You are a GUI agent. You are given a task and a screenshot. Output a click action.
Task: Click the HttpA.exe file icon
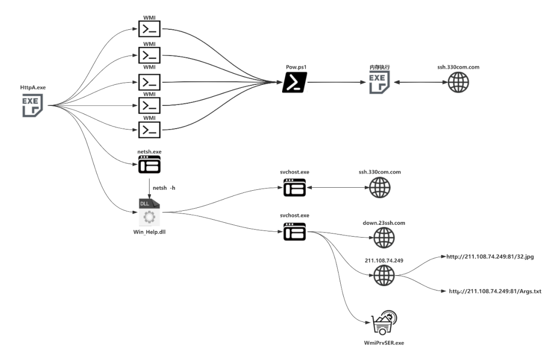point(32,105)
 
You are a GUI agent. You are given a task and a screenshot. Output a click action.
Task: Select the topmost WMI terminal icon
point(150,29)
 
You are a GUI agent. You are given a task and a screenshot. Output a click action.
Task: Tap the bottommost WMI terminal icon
point(150,130)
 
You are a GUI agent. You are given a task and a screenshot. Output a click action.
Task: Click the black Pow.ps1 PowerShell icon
point(294,82)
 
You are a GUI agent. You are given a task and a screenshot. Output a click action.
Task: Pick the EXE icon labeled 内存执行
point(379,82)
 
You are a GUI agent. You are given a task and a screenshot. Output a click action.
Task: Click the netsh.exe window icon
point(150,165)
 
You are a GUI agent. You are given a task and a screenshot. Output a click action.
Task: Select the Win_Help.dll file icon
point(149,212)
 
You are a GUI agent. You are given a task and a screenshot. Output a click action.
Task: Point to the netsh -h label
point(164,188)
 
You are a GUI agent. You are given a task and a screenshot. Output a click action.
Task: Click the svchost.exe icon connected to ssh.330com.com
point(294,187)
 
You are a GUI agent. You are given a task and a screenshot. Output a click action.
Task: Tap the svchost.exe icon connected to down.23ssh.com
point(294,232)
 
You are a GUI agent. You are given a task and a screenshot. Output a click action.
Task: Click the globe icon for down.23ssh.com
point(384,238)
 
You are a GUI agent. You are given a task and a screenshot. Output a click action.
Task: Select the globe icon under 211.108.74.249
point(384,275)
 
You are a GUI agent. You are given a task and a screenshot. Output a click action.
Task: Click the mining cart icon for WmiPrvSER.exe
point(384,322)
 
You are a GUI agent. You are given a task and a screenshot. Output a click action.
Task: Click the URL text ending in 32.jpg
point(490,257)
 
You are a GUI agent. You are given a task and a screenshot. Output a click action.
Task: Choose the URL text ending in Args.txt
point(495,291)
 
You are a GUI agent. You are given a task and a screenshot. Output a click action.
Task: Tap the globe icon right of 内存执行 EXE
point(458,82)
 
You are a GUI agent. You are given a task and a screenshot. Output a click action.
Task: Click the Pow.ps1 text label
point(297,67)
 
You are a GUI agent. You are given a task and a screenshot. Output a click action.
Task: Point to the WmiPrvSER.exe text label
point(384,343)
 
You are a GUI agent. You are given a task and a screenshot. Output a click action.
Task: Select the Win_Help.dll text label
point(150,232)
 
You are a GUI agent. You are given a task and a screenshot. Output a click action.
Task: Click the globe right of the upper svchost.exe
point(380,187)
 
